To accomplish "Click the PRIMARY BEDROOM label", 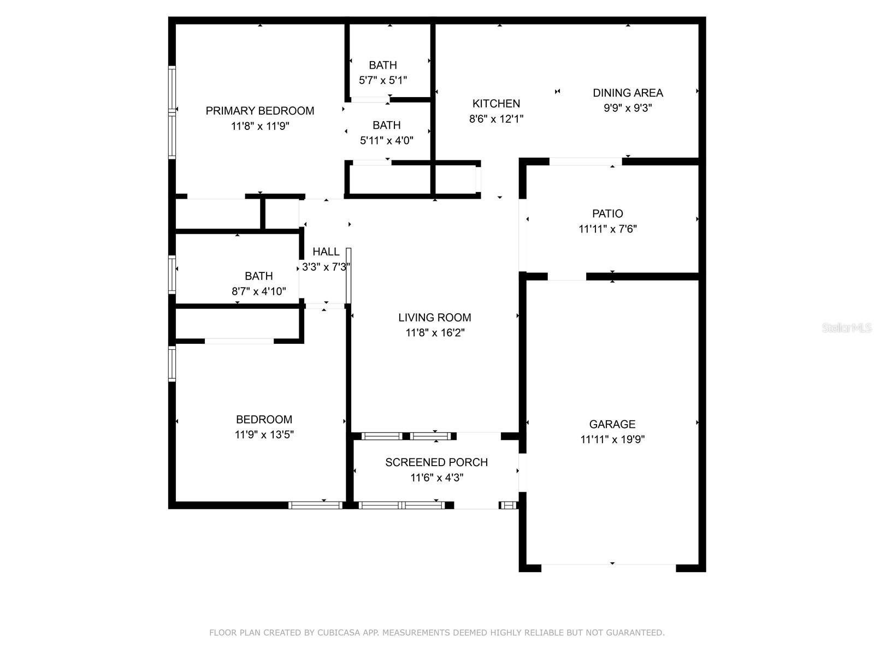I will point(259,111).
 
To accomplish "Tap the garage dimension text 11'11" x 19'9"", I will point(612,439).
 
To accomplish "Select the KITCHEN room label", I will point(496,104).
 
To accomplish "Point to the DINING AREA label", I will point(628,93).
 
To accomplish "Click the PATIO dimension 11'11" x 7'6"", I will point(607,229).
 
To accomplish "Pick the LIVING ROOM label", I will point(434,318).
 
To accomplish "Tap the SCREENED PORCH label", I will point(436,462).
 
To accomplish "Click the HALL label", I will point(326,252).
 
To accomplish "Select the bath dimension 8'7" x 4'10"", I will point(258,291).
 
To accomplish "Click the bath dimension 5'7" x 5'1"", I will point(382,80).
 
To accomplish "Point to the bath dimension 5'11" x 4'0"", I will point(386,140).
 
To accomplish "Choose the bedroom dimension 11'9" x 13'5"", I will point(264,435).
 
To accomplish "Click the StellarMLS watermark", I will point(847,327).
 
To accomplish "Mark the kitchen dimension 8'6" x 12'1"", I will point(496,118).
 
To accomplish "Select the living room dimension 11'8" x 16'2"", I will point(434,333).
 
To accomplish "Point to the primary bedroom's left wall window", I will point(172,112).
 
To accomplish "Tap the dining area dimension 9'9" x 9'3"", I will point(628,108).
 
